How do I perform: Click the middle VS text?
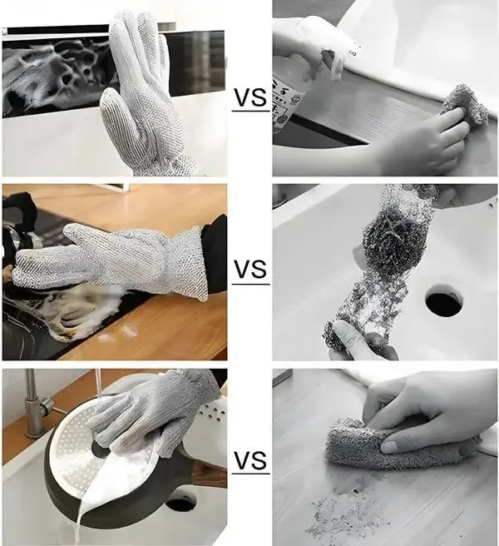click(249, 271)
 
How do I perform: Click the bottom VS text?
click(249, 460)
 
